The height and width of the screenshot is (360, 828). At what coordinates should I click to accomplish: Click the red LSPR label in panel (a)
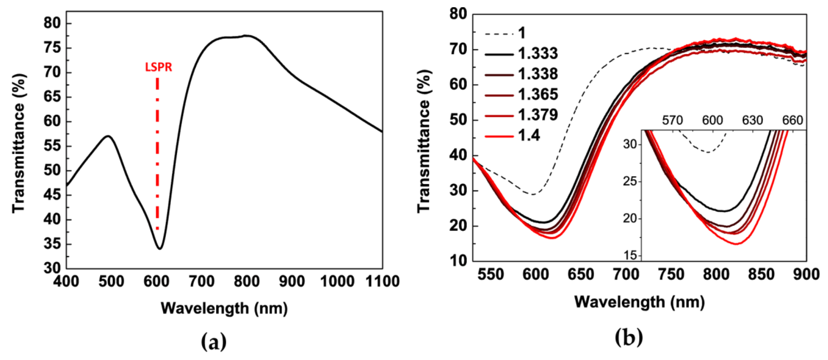pos(158,67)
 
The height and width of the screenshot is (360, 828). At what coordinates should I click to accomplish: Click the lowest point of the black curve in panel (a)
pos(160,248)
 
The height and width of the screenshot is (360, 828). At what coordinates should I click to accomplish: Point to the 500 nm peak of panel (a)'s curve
pos(108,136)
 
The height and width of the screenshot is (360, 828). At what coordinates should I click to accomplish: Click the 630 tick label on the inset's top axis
pos(752,120)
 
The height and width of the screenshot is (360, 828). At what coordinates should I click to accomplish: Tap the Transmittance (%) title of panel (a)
pos(19,143)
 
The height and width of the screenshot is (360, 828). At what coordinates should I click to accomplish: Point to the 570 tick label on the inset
pos(672,120)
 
